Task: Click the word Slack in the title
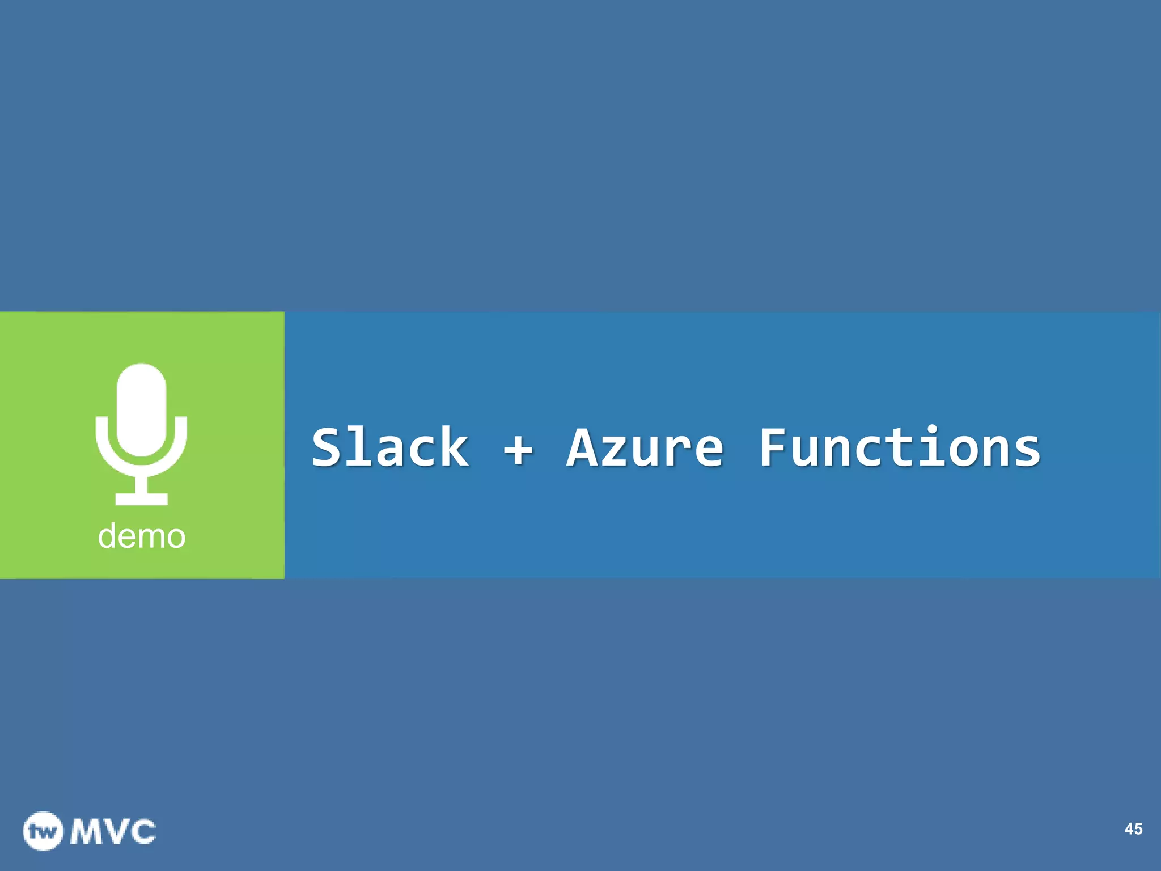(390, 448)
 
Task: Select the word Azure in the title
(645, 448)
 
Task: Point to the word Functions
(900, 448)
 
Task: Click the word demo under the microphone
(142, 536)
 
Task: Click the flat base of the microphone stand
(141, 499)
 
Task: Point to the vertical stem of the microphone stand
(141, 482)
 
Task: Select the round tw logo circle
(43, 831)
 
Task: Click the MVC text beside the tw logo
(113, 832)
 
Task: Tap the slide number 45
(1133, 829)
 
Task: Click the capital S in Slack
(329, 448)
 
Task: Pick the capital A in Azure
(584, 448)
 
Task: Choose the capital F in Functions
(775, 448)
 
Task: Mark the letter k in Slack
(454, 448)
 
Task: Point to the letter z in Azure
(616, 452)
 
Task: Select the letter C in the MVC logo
(141, 832)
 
